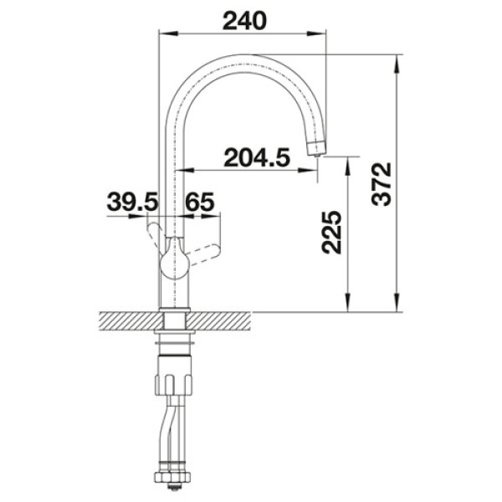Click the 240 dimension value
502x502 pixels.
[244, 21]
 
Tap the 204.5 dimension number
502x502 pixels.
[257, 157]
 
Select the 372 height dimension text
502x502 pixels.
[382, 184]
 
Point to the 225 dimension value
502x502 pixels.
[331, 232]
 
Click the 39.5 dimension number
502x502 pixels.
[132, 202]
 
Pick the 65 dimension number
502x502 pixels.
[200, 202]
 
